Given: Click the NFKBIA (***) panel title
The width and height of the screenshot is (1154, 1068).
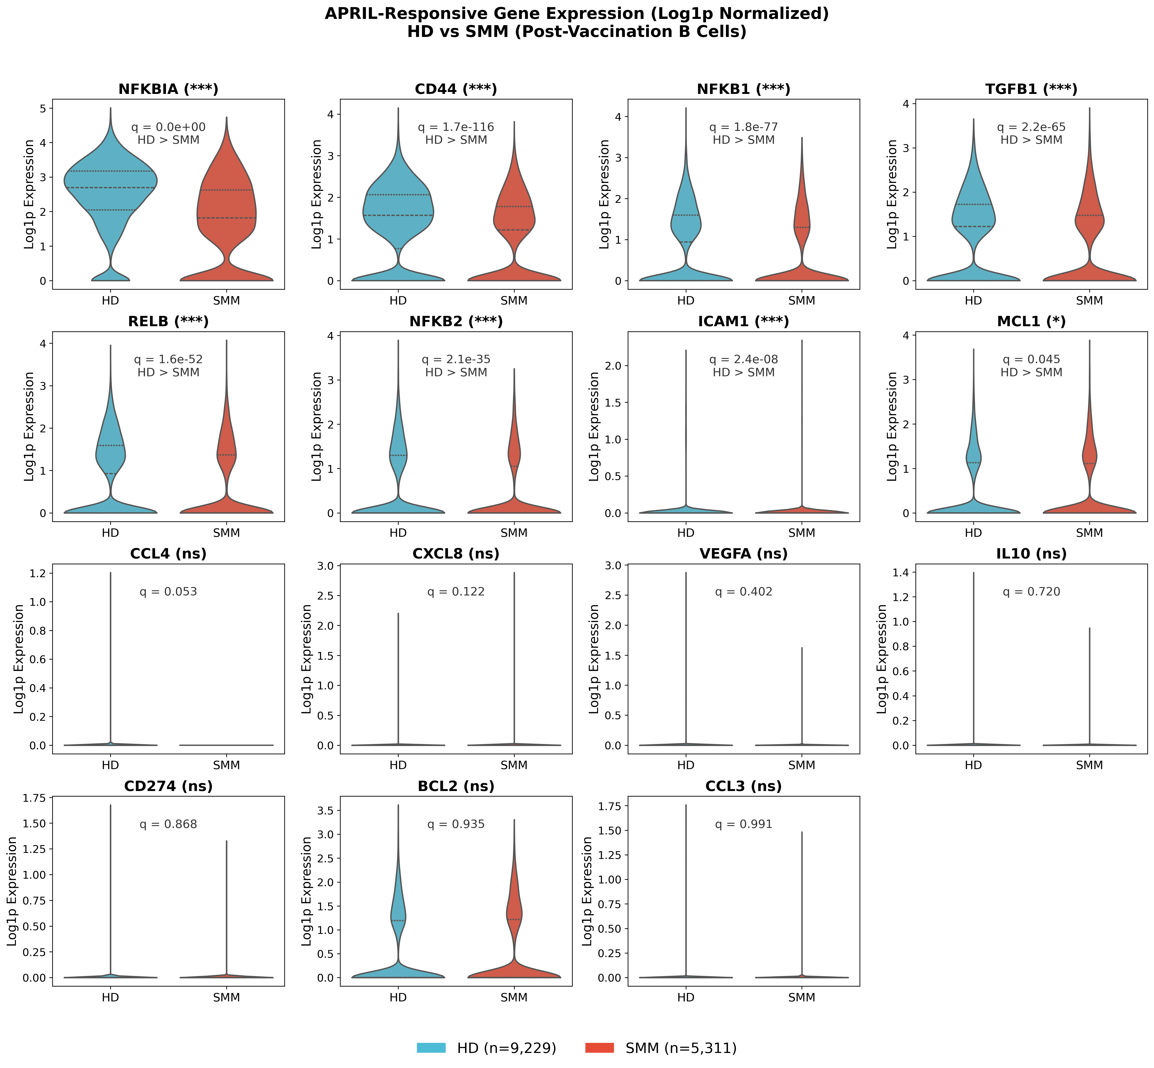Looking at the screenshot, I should tap(168, 89).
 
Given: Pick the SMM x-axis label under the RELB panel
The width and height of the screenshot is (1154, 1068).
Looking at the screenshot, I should tap(226, 533).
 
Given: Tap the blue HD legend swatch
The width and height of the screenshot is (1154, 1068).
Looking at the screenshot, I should tap(431, 1048).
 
